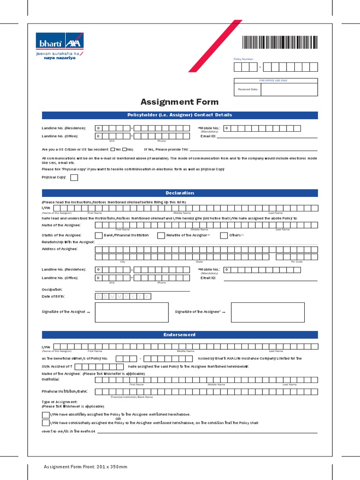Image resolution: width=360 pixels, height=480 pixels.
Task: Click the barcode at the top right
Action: (280, 43)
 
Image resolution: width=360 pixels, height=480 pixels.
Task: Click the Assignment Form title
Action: (180, 102)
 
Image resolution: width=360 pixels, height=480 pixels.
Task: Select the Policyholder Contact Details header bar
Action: (180, 115)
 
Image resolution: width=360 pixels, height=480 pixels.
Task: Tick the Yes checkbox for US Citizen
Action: (112, 150)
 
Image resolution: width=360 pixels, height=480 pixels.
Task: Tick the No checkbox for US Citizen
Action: (125, 150)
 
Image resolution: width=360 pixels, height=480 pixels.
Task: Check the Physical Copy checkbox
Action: (74, 178)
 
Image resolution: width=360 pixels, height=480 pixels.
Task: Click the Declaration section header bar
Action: (180, 193)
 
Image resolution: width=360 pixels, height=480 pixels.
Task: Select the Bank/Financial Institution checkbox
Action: (99, 235)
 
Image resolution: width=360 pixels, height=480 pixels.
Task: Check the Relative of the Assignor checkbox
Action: (161, 235)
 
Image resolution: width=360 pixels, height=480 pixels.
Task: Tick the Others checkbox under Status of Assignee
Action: (224, 235)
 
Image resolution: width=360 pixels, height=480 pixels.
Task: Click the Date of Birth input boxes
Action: (123, 297)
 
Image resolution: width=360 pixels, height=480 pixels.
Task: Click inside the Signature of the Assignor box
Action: (131, 312)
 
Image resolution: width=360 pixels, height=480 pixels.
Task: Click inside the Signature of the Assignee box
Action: (268, 312)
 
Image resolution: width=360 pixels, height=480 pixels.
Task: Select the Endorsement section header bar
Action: (180, 335)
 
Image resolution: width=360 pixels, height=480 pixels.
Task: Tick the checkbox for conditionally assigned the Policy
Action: (45, 423)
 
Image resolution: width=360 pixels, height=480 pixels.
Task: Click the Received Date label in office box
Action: (247, 89)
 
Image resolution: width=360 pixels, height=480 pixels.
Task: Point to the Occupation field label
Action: (52, 289)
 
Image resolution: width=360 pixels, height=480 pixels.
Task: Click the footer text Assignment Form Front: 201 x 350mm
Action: (85, 467)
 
